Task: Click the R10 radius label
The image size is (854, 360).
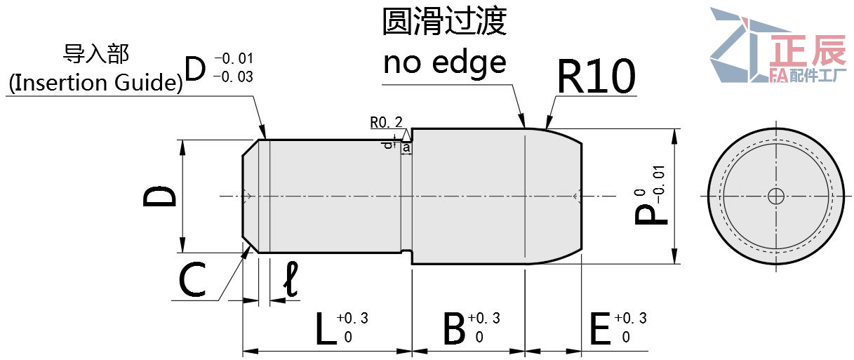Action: click(x=596, y=76)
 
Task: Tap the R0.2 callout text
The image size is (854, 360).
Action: click(x=386, y=122)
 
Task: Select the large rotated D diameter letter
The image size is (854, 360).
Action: click(x=160, y=196)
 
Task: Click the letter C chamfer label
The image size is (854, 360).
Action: click(x=192, y=279)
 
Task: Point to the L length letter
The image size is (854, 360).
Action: click(x=326, y=328)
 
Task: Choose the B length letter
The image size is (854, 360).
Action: click(x=454, y=328)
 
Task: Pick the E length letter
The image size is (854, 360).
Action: click(x=600, y=328)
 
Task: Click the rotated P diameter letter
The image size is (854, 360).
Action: click(x=650, y=215)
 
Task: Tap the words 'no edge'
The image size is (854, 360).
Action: click(x=444, y=63)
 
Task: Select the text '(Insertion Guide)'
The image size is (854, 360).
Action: click(x=95, y=82)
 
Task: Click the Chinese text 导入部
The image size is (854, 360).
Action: click(x=96, y=54)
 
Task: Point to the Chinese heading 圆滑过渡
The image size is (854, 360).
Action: click(x=444, y=21)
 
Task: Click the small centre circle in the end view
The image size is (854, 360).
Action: click(x=776, y=196)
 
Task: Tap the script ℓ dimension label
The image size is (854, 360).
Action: click(x=291, y=279)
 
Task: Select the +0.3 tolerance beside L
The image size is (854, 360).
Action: click(x=353, y=318)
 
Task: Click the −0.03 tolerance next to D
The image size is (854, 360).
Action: click(x=234, y=77)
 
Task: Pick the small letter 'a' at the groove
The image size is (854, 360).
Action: click(x=406, y=148)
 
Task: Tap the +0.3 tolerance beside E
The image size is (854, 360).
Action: click(x=631, y=318)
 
